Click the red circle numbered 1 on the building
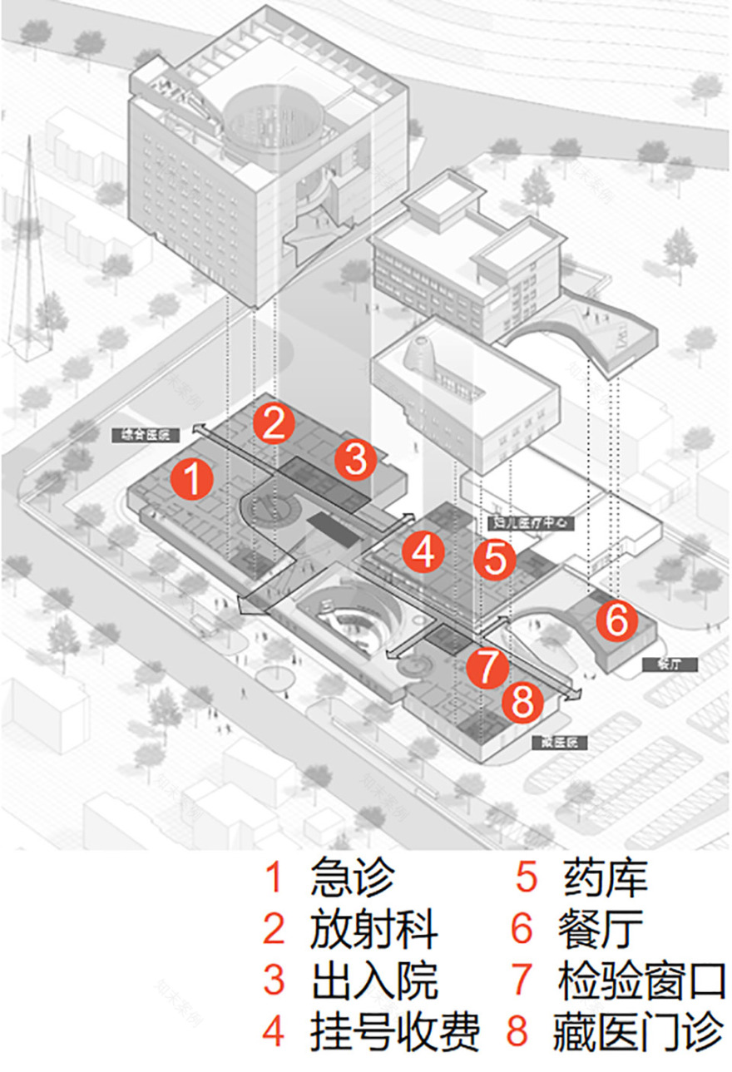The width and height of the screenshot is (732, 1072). tap(192, 481)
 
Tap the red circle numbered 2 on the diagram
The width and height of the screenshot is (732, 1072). tap(275, 424)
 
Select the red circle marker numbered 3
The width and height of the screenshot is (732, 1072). tap(355, 460)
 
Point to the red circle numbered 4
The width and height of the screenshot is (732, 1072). tap(423, 551)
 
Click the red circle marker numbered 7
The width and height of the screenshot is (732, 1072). tap(487, 665)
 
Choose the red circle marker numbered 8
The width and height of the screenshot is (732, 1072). tap(522, 703)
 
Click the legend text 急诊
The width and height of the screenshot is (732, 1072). tap(352, 878)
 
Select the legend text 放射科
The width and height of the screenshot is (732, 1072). tap(373, 929)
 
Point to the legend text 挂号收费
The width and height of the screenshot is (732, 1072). tap(394, 1031)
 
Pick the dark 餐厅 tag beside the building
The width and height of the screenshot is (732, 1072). tap(670, 664)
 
